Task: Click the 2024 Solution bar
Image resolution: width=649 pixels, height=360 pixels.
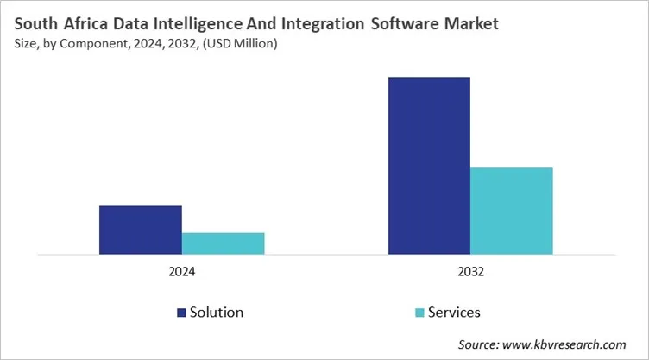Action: (x=140, y=231)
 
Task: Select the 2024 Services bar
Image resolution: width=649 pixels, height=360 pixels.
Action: (x=223, y=243)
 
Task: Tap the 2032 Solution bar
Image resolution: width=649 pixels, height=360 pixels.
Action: (x=429, y=166)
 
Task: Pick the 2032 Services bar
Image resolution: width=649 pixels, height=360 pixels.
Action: (x=511, y=212)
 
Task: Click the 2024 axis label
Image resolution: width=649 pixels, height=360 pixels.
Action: (x=181, y=271)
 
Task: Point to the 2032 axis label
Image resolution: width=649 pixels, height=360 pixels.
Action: (x=470, y=271)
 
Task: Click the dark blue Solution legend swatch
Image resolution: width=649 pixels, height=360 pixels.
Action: (x=182, y=313)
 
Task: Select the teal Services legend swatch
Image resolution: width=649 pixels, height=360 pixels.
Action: (x=419, y=313)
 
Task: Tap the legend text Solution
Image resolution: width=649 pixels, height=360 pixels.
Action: (x=217, y=313)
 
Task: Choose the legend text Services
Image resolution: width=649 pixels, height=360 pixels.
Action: (x=455, y=313)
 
